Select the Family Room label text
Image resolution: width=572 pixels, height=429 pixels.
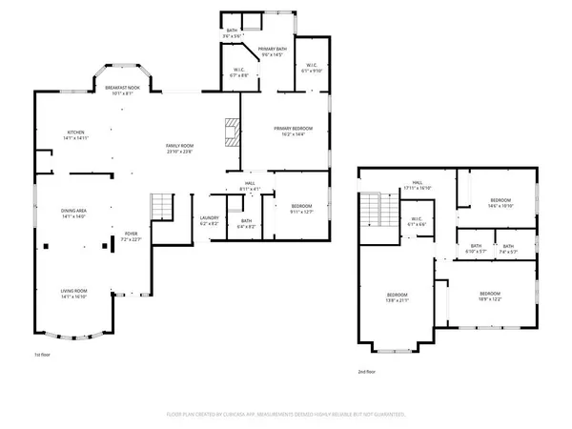pyautogui.click(x=180, y=147)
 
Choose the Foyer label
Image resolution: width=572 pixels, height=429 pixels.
pyautogui.click(x=132, y=235)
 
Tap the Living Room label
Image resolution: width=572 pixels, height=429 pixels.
pyautogui.click(x=73, y=294)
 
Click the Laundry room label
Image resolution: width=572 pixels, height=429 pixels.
pyautogui.click(x=210, y=220)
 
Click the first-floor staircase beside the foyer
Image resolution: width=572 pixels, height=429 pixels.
pyautogui.click(x=161, y=206)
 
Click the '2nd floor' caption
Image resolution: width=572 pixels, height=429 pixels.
pyautogui.click(x=366, y=372)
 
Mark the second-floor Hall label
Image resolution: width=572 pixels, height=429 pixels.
pyautogui.click(x=418, y=185)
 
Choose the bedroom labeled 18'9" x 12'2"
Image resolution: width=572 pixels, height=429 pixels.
pyautogui.click(x=490, y=296)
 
